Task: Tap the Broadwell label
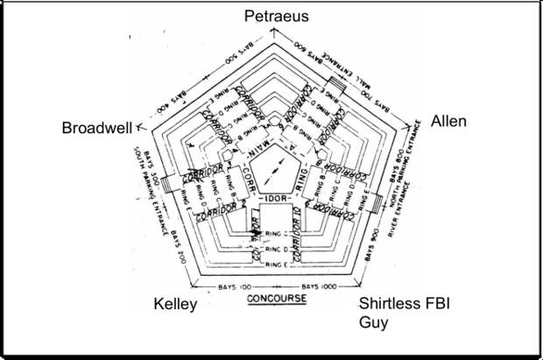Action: point(96,129)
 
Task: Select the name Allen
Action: point(448,121)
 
